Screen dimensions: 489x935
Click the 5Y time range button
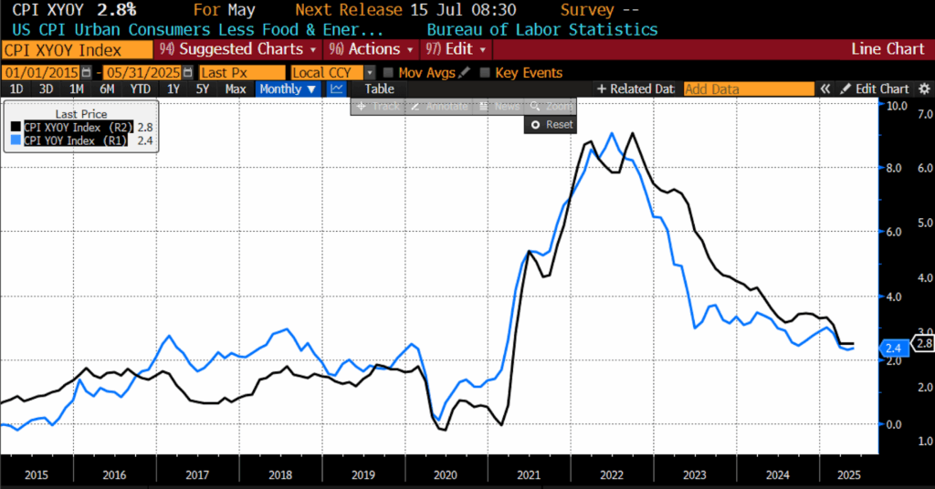[203, 88]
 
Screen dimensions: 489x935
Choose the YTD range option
[140, 88]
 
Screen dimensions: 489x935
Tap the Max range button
[236, 88]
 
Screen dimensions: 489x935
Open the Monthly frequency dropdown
[288, 88]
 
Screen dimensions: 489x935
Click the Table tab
[379, 88]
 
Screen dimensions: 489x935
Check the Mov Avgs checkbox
[390, 72]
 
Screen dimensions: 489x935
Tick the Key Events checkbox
[486, 72]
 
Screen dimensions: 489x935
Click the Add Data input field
[748, 88]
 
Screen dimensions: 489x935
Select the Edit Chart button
[875, 88]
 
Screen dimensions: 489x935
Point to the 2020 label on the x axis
[446, 475]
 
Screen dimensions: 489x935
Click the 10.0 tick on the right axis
[897, 106]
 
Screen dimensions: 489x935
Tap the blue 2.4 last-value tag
[894, 347]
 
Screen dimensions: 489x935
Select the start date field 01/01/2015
[41, 72]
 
